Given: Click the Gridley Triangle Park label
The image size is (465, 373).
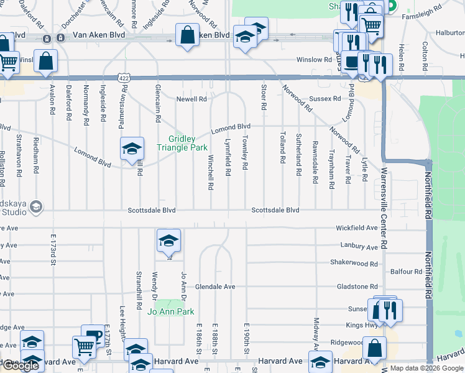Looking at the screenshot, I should tap(188, 143).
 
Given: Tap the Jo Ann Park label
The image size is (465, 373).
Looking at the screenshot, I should tap(171, 311).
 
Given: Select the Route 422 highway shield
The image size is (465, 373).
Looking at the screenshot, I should tap(125, 76).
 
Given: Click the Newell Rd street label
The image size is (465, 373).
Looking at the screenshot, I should tap(191, 99).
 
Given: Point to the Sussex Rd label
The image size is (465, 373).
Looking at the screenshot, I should tap(325, 99).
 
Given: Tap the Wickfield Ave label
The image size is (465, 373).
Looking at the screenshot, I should tap(357, 228).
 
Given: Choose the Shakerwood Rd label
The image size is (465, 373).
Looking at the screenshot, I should tap(354, 263).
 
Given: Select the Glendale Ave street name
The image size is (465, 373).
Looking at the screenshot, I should tap(215, 287).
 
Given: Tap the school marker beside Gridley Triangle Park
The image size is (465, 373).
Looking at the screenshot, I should tap(132, 149).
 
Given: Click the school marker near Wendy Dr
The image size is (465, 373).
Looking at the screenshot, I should tap(168, 241).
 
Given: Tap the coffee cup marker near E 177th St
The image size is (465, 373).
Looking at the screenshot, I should tap(93, 336).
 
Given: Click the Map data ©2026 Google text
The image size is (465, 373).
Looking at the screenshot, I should tap(426, 368).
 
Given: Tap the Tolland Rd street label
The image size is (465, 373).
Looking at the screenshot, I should tap(282, 147).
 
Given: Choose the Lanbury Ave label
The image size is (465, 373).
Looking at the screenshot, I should tap(360, 247).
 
